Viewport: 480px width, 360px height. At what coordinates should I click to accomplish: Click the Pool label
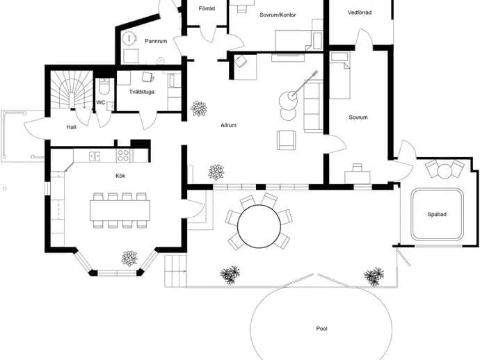(321, 329)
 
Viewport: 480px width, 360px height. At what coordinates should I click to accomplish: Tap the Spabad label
(437, 215)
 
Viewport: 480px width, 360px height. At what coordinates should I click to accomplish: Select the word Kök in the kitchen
(120, 176)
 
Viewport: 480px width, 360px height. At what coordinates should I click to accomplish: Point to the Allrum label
(228, 125)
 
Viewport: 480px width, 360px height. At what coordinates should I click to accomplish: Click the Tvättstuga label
(141, 92)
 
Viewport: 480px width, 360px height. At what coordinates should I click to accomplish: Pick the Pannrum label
(156, 41)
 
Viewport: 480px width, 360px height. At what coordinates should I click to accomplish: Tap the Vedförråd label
(360, 13)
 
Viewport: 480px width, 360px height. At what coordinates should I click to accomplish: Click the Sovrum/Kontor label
(278, 15)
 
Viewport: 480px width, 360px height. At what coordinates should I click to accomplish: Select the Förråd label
(207, 8)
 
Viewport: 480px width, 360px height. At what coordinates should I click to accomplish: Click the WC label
(101, 102)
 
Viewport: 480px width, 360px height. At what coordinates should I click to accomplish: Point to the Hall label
(72, 127)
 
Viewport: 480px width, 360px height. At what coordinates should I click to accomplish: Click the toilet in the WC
(104, 86)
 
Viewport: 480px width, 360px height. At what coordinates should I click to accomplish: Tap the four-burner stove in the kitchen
(123, 156)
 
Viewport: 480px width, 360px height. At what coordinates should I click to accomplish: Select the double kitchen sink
(95, 156)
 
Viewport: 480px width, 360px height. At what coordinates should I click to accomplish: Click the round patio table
(259, 227)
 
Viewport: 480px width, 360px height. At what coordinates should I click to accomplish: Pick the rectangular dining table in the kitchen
(120, 211)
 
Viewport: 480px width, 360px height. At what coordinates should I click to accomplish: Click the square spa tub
(437, 215)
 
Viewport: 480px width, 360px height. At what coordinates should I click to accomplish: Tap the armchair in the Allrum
(286, 140)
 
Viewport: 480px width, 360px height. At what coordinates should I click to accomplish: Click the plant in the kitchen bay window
(129, 259)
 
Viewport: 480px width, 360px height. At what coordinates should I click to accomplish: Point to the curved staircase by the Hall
(72, 90)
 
